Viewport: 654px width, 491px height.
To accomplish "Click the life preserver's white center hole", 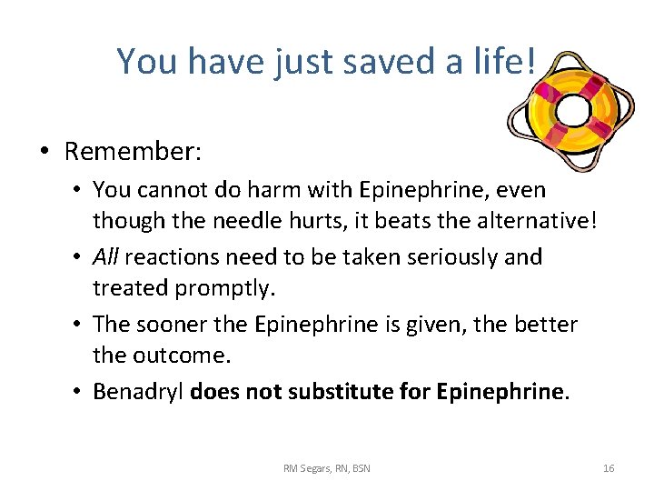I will (x=574, y=111).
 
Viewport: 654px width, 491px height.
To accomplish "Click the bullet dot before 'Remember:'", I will (x=45, y=152).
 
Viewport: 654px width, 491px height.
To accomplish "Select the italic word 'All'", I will (x=105, y=256).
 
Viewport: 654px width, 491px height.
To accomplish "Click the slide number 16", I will (x=609, y=468).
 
